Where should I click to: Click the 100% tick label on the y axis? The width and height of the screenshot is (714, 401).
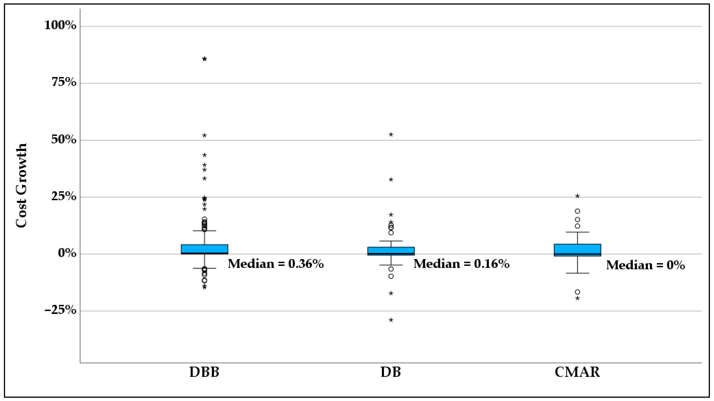[x=60, y=26]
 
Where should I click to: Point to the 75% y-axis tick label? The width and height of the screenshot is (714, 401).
[x=64, y=83]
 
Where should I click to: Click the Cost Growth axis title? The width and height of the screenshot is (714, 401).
[x=21, y=186]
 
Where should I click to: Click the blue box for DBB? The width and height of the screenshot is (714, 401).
[x=205, y=249]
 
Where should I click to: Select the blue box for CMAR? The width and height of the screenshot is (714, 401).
[x=577, y=250]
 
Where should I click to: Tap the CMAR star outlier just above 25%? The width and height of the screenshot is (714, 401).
[x=577, y=196]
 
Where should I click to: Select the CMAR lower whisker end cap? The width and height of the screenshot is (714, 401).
[x=577, y=273]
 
